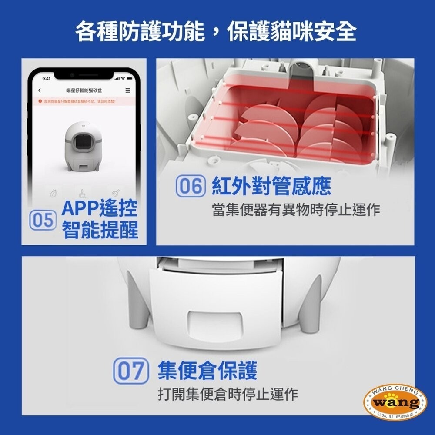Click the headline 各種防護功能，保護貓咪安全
tap(216, 32)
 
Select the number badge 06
tap(190, 187)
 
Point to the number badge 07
tap(129, 371)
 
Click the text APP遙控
tap(99, 209)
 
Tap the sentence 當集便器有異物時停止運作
tap(296, 210)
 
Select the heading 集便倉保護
tap(207, 371)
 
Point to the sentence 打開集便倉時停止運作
tap(228, 394)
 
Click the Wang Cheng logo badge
tap(395, 402)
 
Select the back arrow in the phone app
tap(40, 90)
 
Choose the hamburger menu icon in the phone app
tap(127, 90)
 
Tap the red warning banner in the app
tap(84, 101)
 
